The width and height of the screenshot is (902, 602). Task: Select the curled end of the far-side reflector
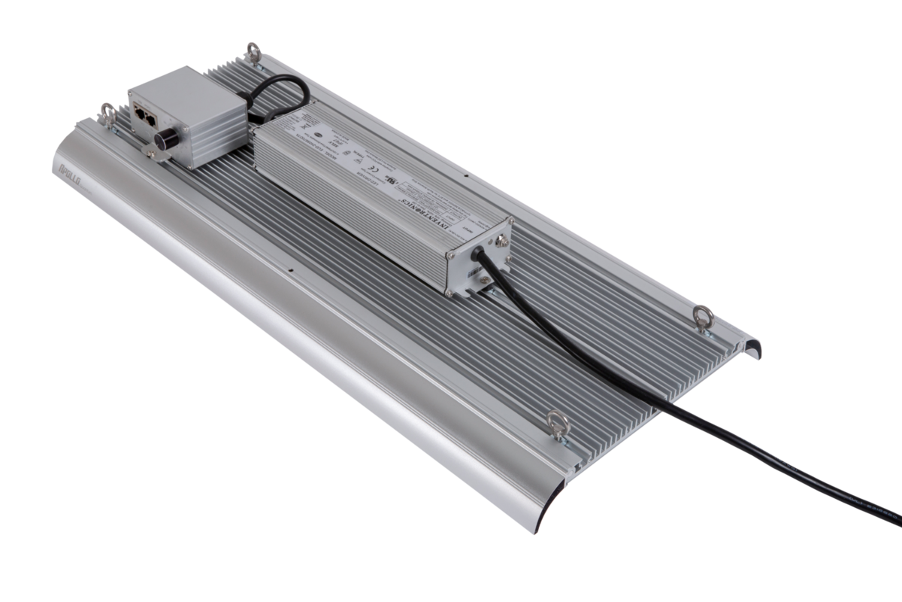[x=752, y=348]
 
